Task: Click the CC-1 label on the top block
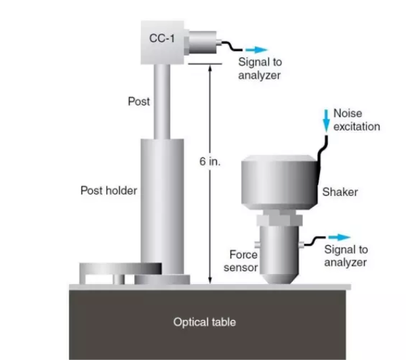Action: (x=162, y=39)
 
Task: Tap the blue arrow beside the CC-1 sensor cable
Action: (x=256, y=49)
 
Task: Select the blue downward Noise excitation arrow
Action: (x=326, y=121)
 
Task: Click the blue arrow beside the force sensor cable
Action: (x=339, y=237)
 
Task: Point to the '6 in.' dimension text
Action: (x=209, y=161)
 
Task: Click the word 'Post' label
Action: (x=139, y=101)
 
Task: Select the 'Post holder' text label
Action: (x=108, y=191)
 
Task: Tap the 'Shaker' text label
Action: (x=340, y=192)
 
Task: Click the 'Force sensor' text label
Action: (x=241, y=261)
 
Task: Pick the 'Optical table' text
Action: (x=205, y=322)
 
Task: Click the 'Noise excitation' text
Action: (x=357, y=120)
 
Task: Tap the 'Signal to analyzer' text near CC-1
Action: (x=260, y=68)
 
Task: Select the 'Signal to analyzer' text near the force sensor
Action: (x=346, y=256)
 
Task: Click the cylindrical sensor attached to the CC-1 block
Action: (x=203, y=42)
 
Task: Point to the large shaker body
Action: (x=279, y=182)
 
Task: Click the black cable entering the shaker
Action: (x=322, y=160)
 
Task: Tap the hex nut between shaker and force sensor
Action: (x=279, y=220)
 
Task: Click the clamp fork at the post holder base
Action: (x=121, y=273)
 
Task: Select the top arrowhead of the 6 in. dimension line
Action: (x=210, y=67)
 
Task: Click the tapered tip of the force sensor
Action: (x=279, y=279)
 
